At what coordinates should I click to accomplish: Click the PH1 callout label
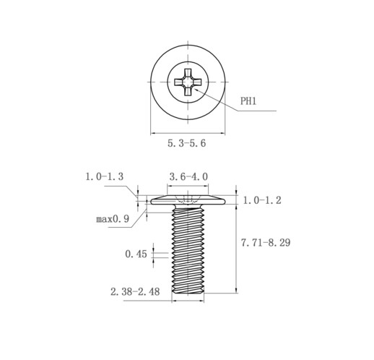(248, 101)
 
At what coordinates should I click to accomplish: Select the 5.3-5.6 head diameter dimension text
(187, 143)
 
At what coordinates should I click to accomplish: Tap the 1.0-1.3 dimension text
(105, 176)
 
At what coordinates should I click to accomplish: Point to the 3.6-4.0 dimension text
(188, 176)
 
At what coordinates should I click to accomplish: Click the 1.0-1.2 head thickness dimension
(262, 200)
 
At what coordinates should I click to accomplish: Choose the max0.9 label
(113, 219)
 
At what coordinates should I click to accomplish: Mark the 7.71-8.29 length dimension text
(266, 242)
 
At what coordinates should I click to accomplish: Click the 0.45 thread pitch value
(136, 254)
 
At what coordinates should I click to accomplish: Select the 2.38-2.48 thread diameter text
(135, 292)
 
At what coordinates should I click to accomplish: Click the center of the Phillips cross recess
(188, 82)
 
